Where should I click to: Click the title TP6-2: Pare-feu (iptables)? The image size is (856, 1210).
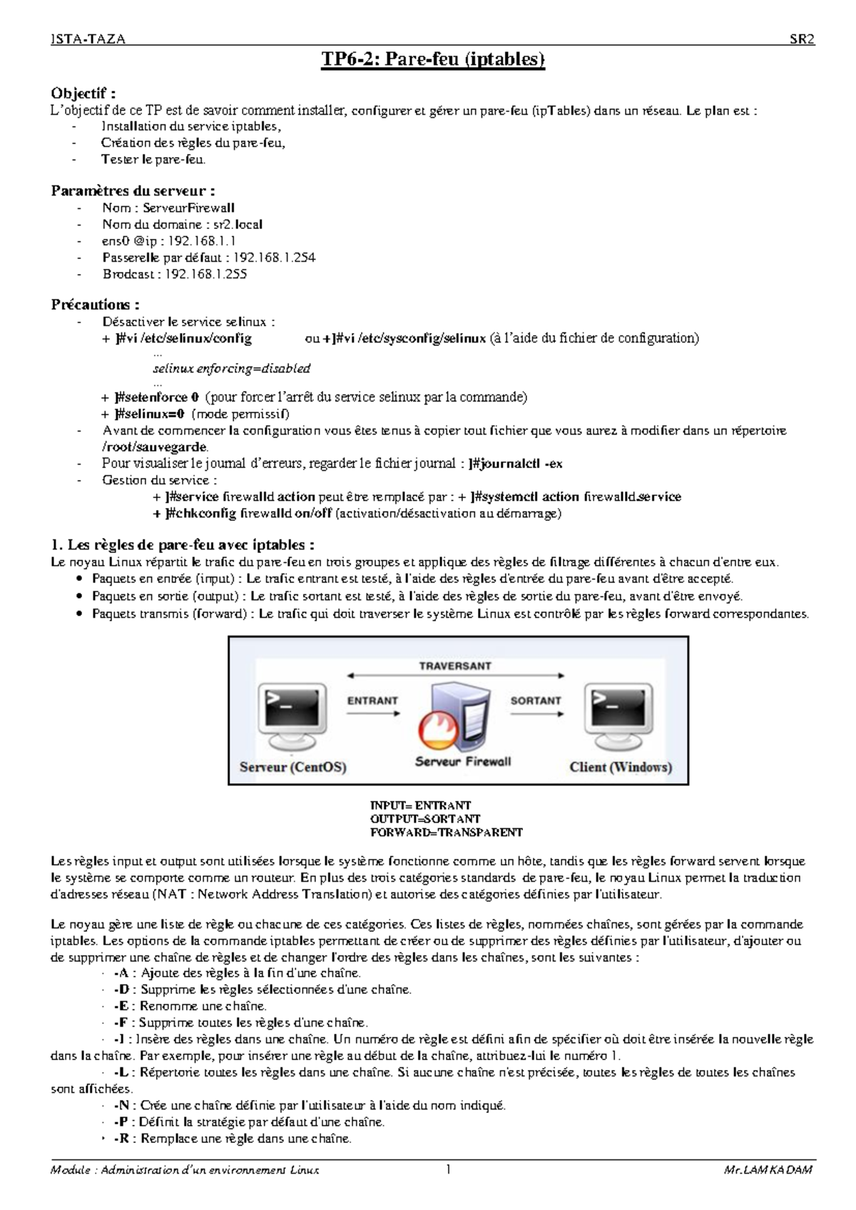[x=434, y=59]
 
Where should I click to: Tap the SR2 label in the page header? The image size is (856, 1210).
[x=801, y=39]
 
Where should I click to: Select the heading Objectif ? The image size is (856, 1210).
[x=83, y=93]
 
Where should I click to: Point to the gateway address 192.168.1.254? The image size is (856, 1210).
[x=275, y=257]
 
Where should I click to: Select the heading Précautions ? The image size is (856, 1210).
[x=95, y=305]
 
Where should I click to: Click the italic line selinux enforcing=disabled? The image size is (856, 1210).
[x=232, y=369]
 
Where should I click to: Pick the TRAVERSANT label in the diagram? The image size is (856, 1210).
[x=455, y=666]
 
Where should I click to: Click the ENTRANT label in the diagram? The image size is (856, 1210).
[x=372, y=701]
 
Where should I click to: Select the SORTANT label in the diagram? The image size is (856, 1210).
[x=536, y=701]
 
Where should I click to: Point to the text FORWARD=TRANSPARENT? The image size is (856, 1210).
[x=446, y=832]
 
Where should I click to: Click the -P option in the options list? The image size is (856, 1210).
[x=120, y=1122]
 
